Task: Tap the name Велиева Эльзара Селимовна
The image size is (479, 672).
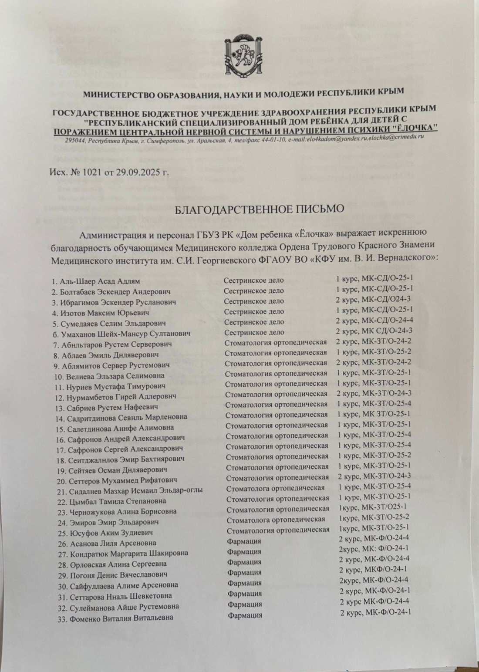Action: (x=115, y=375)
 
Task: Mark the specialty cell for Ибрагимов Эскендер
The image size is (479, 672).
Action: (x=253, y=301)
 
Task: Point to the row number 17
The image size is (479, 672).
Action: (x=60, y=449)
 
